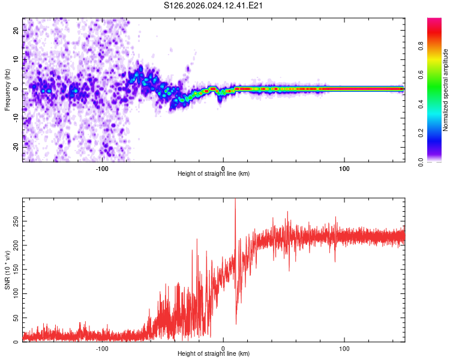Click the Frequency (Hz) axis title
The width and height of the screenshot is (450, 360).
7,89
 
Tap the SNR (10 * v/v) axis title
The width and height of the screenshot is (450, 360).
7,270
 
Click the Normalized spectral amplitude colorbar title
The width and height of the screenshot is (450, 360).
446,89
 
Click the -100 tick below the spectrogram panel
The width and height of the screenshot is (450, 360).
102,169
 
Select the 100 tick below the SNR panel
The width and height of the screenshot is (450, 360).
344,349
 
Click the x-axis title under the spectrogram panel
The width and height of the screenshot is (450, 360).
214,174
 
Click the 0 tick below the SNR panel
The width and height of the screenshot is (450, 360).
223,349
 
